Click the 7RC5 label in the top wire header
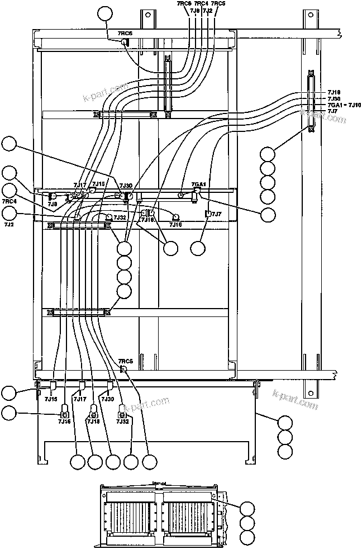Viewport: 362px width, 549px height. tap(218, 3)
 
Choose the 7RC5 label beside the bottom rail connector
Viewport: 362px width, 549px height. tap(126, 361)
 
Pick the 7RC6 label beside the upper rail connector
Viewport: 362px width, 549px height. tap(125, 34)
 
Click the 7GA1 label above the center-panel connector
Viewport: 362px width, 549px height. tap(198, 184)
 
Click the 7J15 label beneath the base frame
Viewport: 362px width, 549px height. tap(51, 399)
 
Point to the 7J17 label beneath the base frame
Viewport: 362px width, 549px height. tap(81, 399)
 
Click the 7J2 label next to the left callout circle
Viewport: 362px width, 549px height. tap(9, 224)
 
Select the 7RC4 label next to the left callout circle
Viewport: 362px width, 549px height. tap(9, 201)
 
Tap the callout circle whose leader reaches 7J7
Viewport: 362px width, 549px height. tap(198, 247)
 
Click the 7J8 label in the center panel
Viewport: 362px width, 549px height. tap(52, 205)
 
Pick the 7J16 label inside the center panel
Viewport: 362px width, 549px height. tap(176, 224)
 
